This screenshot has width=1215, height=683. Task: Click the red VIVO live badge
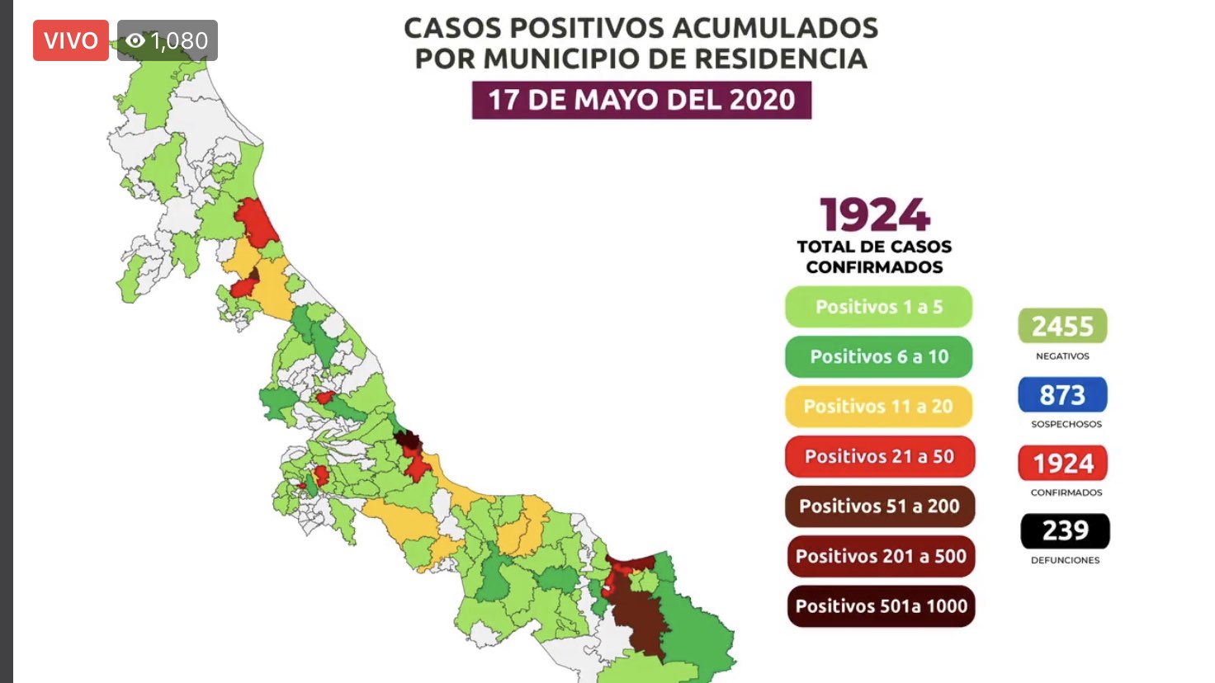70,40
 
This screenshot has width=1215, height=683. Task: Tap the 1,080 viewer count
179,40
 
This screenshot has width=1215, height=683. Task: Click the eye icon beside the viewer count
135,40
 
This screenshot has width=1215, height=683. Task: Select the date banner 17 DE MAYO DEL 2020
641,100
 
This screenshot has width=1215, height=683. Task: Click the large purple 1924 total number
875,215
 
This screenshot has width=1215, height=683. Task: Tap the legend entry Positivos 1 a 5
878,307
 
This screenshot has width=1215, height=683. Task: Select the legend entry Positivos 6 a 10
878,356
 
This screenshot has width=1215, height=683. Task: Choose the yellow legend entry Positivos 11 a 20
878,407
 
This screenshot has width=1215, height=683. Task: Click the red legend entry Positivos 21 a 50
879,456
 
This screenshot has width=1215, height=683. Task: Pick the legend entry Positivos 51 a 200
879,506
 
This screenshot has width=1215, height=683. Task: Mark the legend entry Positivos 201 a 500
881,556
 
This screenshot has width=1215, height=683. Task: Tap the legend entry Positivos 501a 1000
881,606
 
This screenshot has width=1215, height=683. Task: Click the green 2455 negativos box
1062,326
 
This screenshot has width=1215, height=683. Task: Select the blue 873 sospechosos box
1062,395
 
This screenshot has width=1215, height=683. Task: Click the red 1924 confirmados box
1063,464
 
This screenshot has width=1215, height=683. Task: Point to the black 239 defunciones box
1065,530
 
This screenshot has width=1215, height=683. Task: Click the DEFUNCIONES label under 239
1065,560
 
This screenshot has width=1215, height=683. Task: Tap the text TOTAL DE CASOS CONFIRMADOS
874,257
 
